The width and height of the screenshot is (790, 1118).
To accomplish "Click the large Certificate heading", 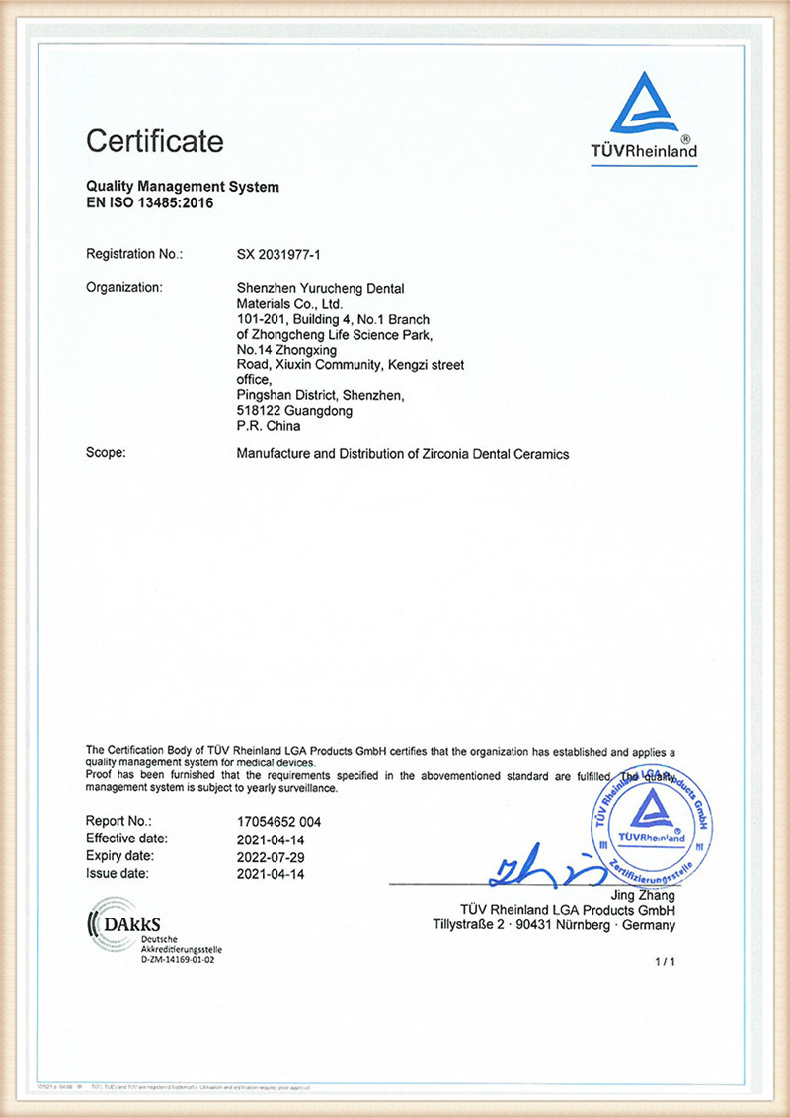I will coord(154,141).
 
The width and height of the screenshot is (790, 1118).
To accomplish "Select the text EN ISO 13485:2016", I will coord(149,203).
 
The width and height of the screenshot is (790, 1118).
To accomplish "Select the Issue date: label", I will coord(118,874).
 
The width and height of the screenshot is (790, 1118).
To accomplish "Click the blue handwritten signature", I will coord(537,866).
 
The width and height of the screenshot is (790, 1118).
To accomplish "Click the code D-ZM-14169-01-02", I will coord(178,959).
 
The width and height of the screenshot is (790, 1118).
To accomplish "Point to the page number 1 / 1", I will coord(665,961).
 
